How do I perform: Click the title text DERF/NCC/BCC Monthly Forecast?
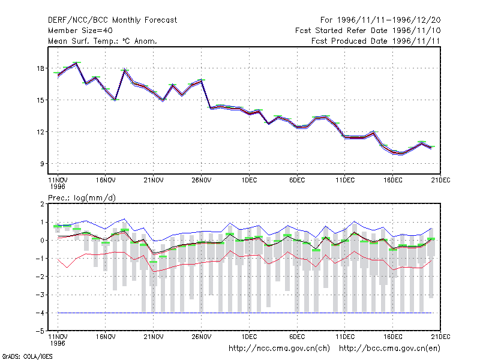point(112,20)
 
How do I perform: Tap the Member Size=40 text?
point(80,31)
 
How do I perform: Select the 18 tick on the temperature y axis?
point(40,68)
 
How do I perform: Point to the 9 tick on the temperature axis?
point(42,164)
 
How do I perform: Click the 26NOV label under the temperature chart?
point(201,181)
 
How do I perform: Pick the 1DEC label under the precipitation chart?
point(249,337)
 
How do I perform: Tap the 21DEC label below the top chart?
point(440,181)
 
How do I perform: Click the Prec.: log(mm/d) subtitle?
point(82,198)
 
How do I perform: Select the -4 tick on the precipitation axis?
point(40,313)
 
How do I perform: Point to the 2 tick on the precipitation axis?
point(42,204)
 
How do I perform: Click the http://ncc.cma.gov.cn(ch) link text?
point(279,349)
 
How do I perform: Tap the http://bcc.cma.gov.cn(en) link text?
point(389,349)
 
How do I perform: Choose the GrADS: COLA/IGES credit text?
point(27,356)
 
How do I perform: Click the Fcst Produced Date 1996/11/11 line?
point(376,41)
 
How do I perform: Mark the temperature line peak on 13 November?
point(77,64)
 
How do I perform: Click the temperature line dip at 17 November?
point(115,100)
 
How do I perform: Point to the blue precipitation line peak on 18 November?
point(124,219)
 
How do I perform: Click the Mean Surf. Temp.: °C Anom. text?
point(103,41)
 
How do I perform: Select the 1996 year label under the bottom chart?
point(58,343)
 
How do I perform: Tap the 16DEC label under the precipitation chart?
point(393,337)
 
